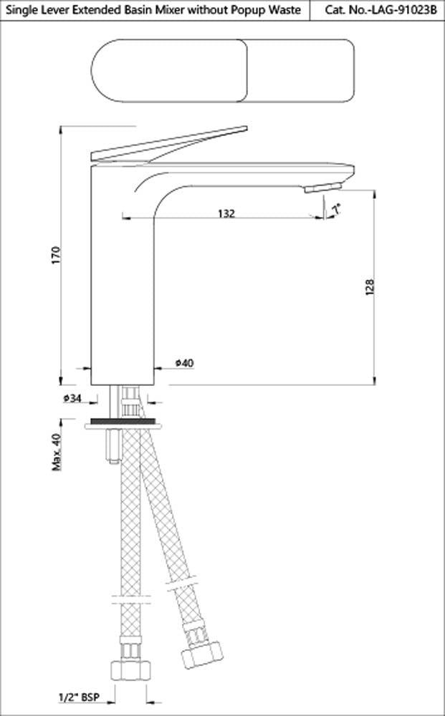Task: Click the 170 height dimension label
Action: point(57,256)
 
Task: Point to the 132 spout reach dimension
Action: point(226,213)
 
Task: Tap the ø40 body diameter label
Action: point(184,364)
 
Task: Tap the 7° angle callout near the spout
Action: point(336,208)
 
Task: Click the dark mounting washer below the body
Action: point(122,424)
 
